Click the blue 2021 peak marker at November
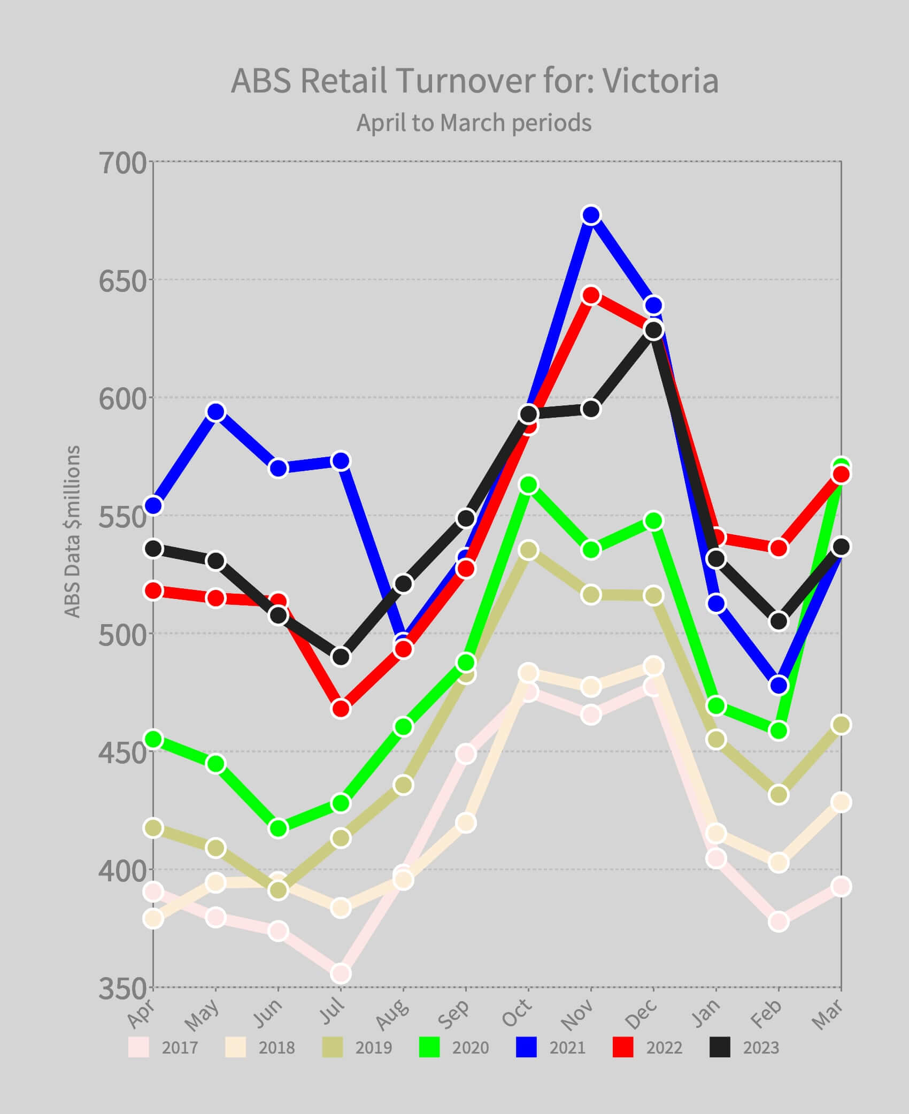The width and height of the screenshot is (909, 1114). click(x=591, y=215)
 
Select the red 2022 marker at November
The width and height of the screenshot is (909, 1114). click(x=591, y=295)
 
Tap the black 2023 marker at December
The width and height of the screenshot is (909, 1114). click(x=653, y=330)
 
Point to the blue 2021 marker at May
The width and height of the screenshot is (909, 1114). click(x=215, y=412)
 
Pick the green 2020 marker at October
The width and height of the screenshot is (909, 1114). click(x=528, y=485)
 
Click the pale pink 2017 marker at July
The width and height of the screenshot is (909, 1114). click(x=341, y=973)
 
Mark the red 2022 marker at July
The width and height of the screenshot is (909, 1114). click(x=341, y=709)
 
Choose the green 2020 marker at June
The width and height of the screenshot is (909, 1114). click(x=278, y=828)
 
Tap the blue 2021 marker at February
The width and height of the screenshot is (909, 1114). click(x=779, y=685)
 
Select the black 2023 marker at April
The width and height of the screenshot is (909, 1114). click(x=153, y=549)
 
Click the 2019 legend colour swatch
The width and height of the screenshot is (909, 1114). click(x=333, y=1047)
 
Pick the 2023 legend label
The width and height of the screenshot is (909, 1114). click(x=761, y=1048)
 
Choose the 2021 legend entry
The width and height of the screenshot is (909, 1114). click(x=551, y=1047)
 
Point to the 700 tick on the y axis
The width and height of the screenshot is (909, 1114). click(x=122, y=163)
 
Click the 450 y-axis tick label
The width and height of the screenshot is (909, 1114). click(x=122, y=753)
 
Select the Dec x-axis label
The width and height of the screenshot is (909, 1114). click(x=641, y=1015)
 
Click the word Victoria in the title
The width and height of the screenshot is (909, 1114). click(x=660, y=81)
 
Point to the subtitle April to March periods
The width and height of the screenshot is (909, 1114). click(x=474, y=123)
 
